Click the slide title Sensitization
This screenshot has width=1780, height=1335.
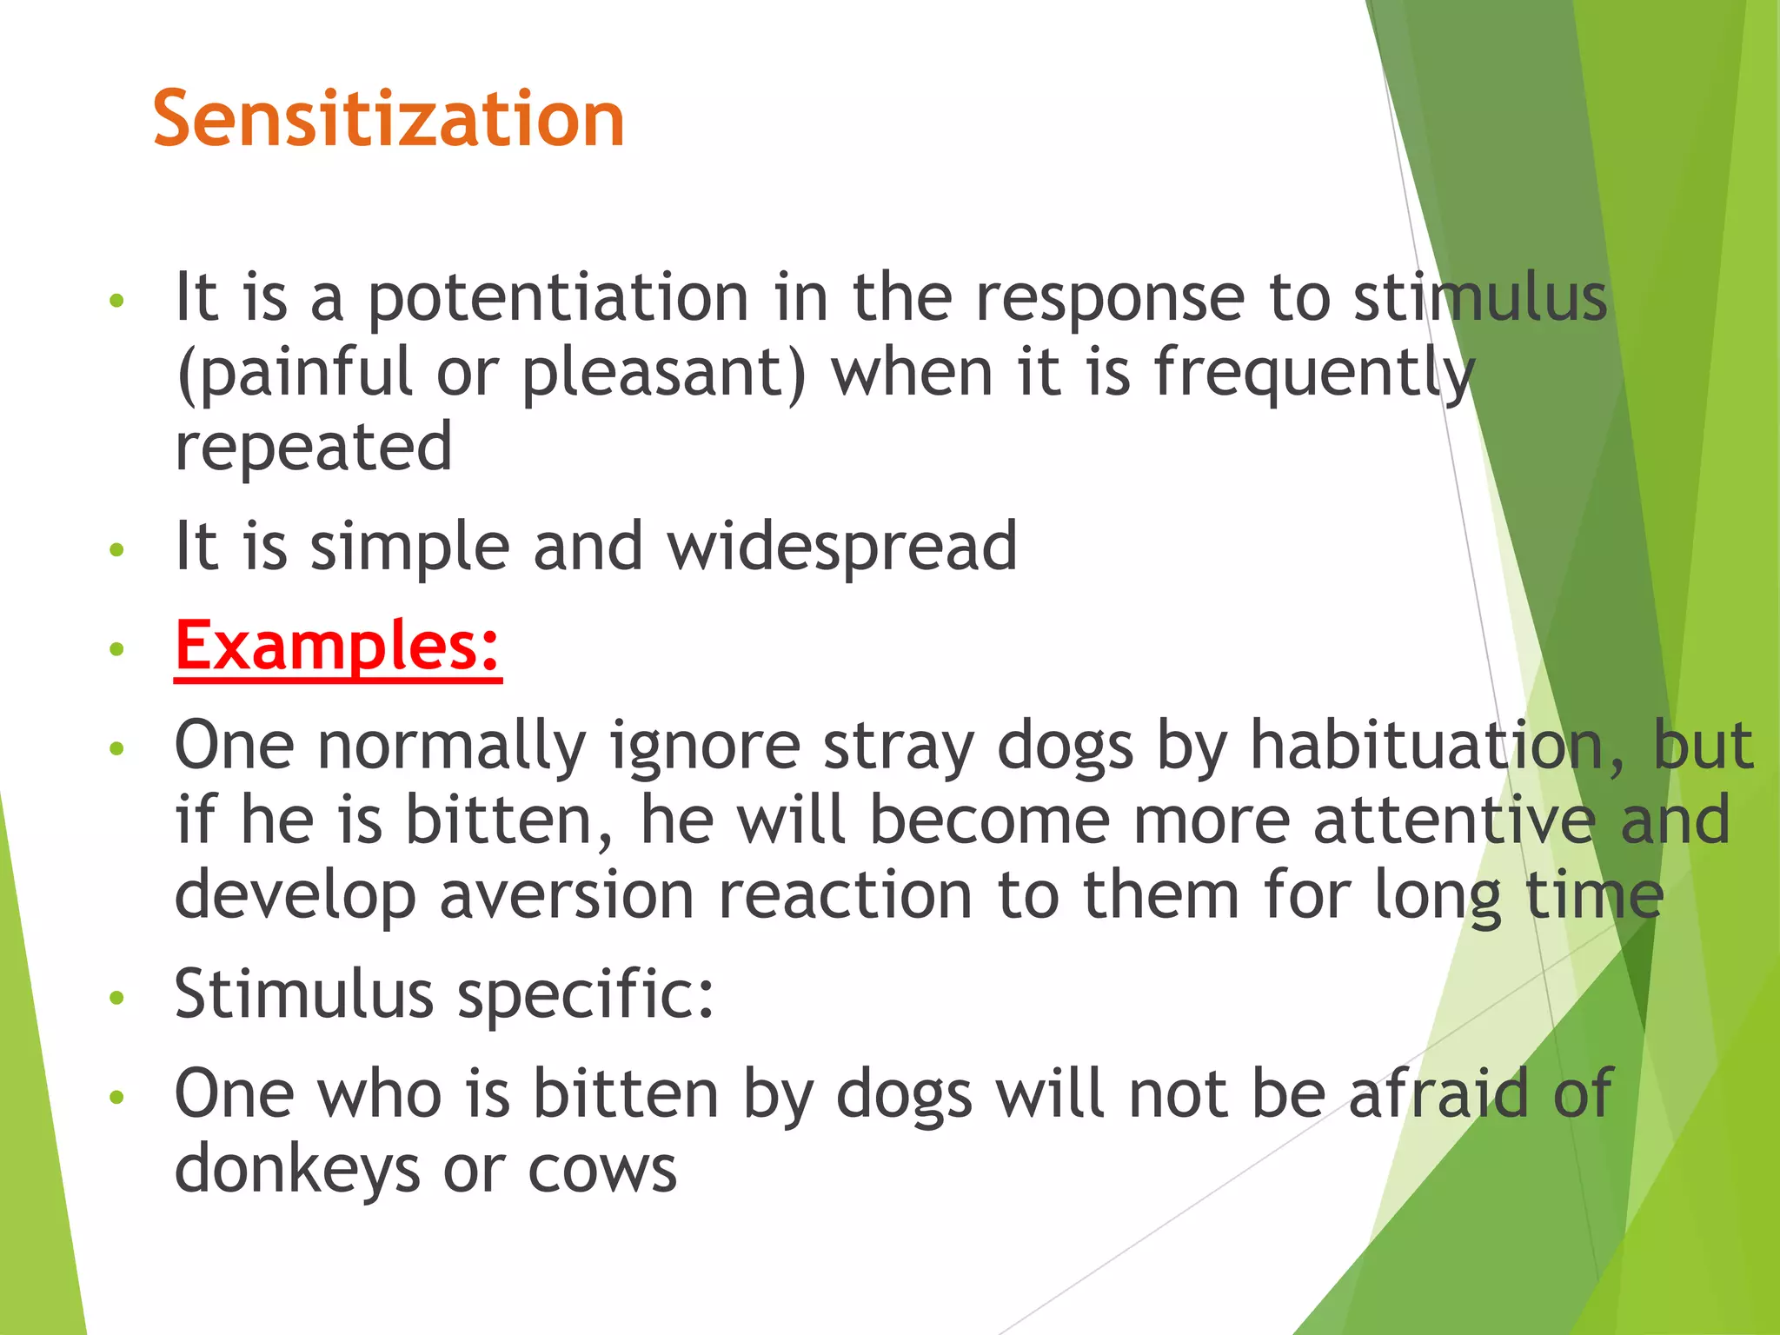[x=389, y=119]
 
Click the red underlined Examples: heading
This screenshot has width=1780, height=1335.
[x=338, y=647]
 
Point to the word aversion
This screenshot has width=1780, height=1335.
[x=567, y=895]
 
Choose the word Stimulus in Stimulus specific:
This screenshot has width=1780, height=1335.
[x=304, y=994]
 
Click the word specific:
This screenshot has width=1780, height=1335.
[x=585, y=996]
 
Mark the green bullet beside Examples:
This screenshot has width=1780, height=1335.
[x=117, y=649]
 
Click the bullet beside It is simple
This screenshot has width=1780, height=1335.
[x=117, y=549]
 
